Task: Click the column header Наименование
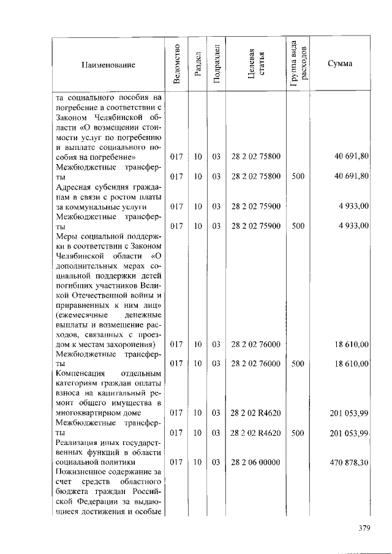pos(107,64)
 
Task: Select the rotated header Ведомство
pos(176,64)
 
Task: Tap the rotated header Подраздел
pos(216,64)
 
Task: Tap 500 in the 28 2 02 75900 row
pos(298,226)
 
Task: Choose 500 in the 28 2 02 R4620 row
pos(298,433)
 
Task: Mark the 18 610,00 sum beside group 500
pos(351,364)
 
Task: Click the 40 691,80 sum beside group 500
pos(351,176)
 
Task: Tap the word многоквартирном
pos(91,413)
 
